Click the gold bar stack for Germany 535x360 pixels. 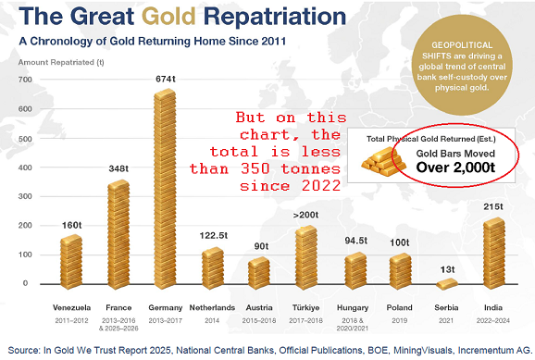[165, 189]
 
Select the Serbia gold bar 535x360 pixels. [447, 284]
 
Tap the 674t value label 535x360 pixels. [166, 79]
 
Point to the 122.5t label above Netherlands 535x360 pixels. [214, 235]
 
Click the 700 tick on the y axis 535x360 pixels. [25, 80]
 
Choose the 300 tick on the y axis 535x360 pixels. [25, 196]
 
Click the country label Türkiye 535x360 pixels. [306, 308]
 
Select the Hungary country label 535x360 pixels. [353, 308]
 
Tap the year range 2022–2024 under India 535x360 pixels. [493, 320]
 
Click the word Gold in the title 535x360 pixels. [168, 16]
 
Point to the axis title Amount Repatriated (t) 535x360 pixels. [61, 62]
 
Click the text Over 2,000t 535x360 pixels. [455, 168]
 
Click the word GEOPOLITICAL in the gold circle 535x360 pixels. [462, 45]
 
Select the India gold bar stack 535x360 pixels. [493, 254]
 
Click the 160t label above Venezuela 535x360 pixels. [71, 225]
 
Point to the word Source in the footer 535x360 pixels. [22, 350]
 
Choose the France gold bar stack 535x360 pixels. [118, 235]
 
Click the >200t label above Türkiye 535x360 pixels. [305, 215]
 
